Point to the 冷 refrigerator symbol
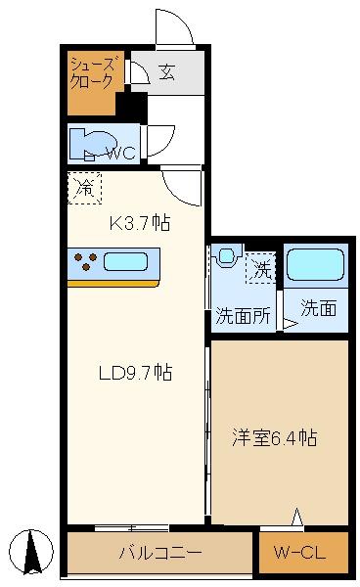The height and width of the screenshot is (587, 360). tap(85, 187)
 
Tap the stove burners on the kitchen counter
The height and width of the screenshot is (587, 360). tap(85, 262)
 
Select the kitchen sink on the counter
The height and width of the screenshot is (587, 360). tap(126, 262)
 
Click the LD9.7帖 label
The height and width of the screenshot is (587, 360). tap(135, 372)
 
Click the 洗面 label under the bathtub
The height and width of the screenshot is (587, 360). tap(318, 309)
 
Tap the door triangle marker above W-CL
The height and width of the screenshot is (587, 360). tap(297, 518)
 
